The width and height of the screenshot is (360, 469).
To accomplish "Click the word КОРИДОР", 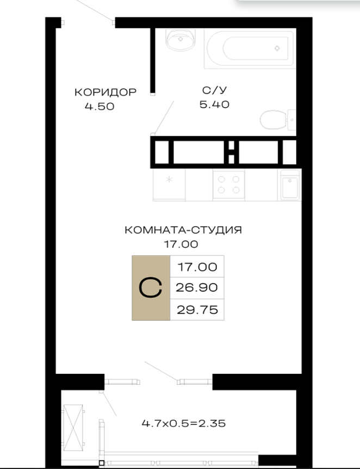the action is pos(105,92).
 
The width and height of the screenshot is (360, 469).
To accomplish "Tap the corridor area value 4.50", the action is pos(100,107).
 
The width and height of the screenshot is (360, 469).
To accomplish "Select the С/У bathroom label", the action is pos(215,90).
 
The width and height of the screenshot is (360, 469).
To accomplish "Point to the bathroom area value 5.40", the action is pos(215,104).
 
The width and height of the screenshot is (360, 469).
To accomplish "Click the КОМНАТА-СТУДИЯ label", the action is pos(183,230).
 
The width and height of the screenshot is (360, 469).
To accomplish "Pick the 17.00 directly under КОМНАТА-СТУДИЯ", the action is pos(181,244).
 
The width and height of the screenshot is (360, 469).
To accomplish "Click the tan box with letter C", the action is pos(151,287).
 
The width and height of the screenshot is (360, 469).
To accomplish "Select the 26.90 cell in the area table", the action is pos(197,287).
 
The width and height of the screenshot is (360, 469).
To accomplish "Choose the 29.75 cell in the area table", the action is pos(197,310).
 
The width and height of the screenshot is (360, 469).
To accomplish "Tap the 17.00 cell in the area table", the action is pos(197,267).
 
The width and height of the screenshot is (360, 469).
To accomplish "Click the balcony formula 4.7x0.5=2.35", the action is pos(184,423).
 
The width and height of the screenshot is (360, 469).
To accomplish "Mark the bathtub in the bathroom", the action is pos(250,48).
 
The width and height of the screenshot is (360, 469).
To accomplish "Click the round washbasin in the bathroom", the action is pos(181,40).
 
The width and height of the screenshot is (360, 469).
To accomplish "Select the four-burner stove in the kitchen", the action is pos(228,185).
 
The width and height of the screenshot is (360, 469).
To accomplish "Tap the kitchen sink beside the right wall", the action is pos(290,185).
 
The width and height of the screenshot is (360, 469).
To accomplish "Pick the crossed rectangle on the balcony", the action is pos(73,428).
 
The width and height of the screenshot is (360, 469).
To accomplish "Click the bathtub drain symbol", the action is pos(277,48).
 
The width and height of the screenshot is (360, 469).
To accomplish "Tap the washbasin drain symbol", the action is pos(181,39).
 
